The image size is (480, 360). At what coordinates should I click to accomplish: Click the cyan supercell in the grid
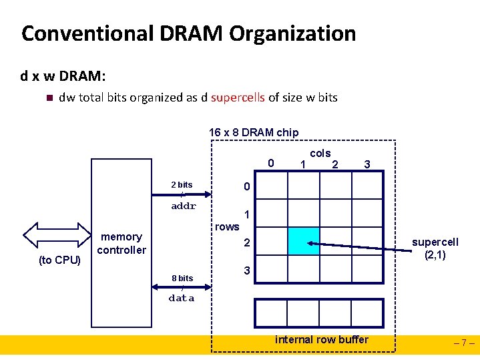[304, 241]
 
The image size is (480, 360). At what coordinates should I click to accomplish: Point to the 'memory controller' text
[122, 243]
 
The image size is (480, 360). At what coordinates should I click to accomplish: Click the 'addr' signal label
[184, 206]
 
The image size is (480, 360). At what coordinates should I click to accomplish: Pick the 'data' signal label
[182, 299]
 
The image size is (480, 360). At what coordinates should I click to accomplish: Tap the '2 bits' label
[182, 185]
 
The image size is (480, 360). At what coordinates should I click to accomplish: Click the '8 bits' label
[182, 278]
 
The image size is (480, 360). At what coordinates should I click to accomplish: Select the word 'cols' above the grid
[320, 154]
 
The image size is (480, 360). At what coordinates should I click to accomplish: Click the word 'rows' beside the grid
[227, 227]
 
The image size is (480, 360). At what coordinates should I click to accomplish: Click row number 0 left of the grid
[246, 186]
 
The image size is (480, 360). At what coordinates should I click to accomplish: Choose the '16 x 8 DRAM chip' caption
[254, 132]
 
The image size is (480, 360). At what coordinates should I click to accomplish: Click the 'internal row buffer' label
[322, 339]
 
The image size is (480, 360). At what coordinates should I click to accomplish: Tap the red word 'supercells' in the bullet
[238, 98]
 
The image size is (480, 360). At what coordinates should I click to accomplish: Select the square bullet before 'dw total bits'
[47, 98]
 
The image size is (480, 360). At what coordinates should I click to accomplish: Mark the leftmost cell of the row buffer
[271, 313]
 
